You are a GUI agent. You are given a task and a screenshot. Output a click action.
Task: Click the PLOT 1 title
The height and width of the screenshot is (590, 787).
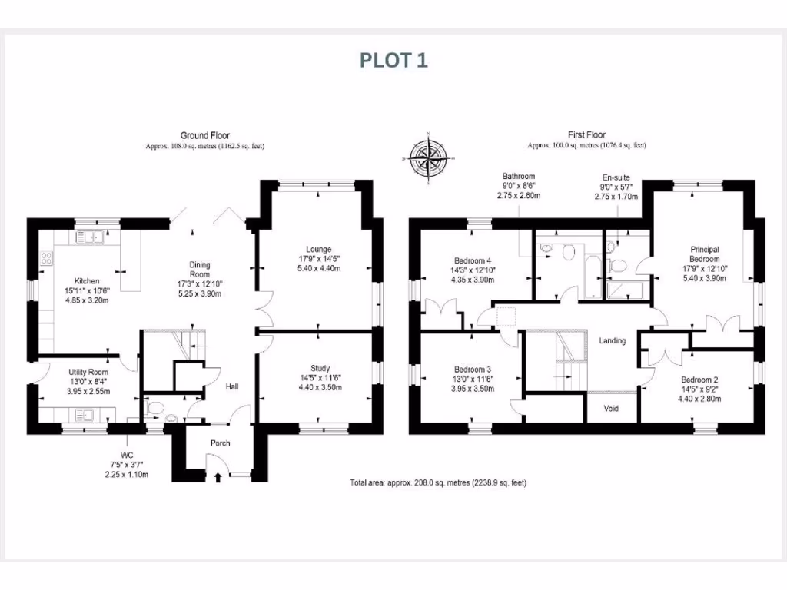pyautogui.click(x=393, y=61)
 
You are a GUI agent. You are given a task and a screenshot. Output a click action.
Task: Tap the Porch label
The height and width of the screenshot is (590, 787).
pyautogui.click(x=221, y=442)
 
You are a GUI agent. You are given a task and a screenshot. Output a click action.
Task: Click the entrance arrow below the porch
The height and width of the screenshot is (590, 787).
pyautogui.click(x=218, y=478)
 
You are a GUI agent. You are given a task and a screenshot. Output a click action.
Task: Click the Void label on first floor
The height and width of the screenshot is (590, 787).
pyautogui.click(x=612, y=408)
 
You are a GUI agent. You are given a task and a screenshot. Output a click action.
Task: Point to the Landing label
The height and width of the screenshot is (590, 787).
pyautogui.click(x=613, y=340)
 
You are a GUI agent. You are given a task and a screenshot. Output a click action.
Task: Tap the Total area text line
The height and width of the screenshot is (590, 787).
pyautogui.click(x=437, y=482)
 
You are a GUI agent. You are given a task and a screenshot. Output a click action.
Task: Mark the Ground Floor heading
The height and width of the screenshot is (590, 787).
pyautogui.click(x=204, y=135)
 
